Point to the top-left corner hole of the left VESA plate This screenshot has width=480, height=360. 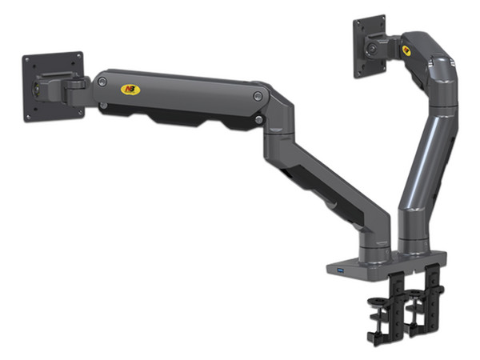[x=27, y=60]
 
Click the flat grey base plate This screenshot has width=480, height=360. [x=376, y=269]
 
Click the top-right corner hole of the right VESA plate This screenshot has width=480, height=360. [x=382, y=18]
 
